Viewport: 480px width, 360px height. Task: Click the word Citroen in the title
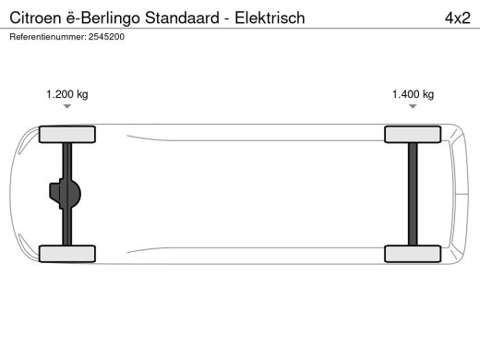[33, 18]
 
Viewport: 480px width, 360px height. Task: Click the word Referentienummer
[46, 37]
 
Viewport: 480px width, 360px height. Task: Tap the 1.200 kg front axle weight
[67, 94]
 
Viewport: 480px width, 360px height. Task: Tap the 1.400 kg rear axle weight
[413, 94]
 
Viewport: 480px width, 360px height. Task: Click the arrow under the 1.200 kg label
[67, 107]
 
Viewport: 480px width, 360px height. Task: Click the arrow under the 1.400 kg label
[413, 107]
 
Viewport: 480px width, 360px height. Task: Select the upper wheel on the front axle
[67, 135]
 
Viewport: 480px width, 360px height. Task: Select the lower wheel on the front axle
[67, 254]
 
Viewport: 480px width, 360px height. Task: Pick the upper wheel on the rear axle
[413, 135]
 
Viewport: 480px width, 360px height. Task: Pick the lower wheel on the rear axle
[413, 254]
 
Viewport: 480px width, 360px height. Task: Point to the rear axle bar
[413, 194]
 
